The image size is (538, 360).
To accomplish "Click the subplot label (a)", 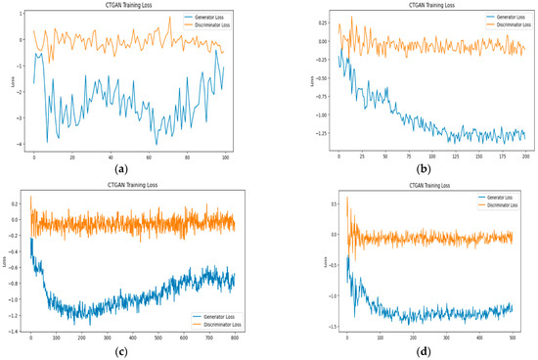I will (122, 168).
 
